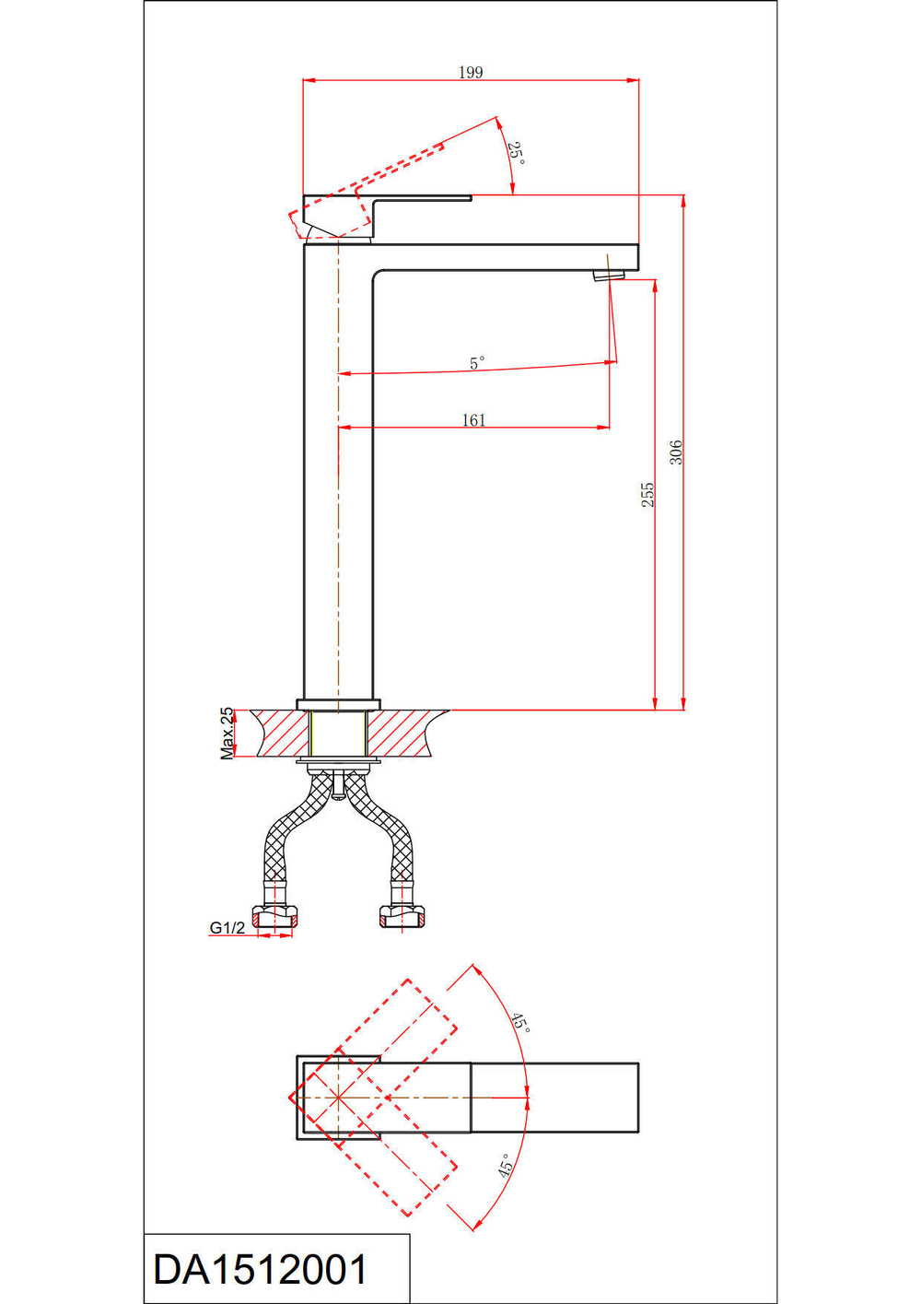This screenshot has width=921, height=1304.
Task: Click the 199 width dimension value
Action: point(471,72)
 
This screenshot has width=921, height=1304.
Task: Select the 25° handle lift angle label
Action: point(516,154)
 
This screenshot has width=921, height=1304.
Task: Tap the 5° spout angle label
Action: point(477,363)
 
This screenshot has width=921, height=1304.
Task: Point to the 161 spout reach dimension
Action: point(473,419)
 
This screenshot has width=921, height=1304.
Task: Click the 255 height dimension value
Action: point(647,495)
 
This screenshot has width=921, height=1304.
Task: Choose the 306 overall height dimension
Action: point(676,452)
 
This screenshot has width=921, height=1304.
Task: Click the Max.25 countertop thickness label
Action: point(227,734)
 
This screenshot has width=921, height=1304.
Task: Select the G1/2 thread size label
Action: point(227,928)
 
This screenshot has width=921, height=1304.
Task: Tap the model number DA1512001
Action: point(261,1270)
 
